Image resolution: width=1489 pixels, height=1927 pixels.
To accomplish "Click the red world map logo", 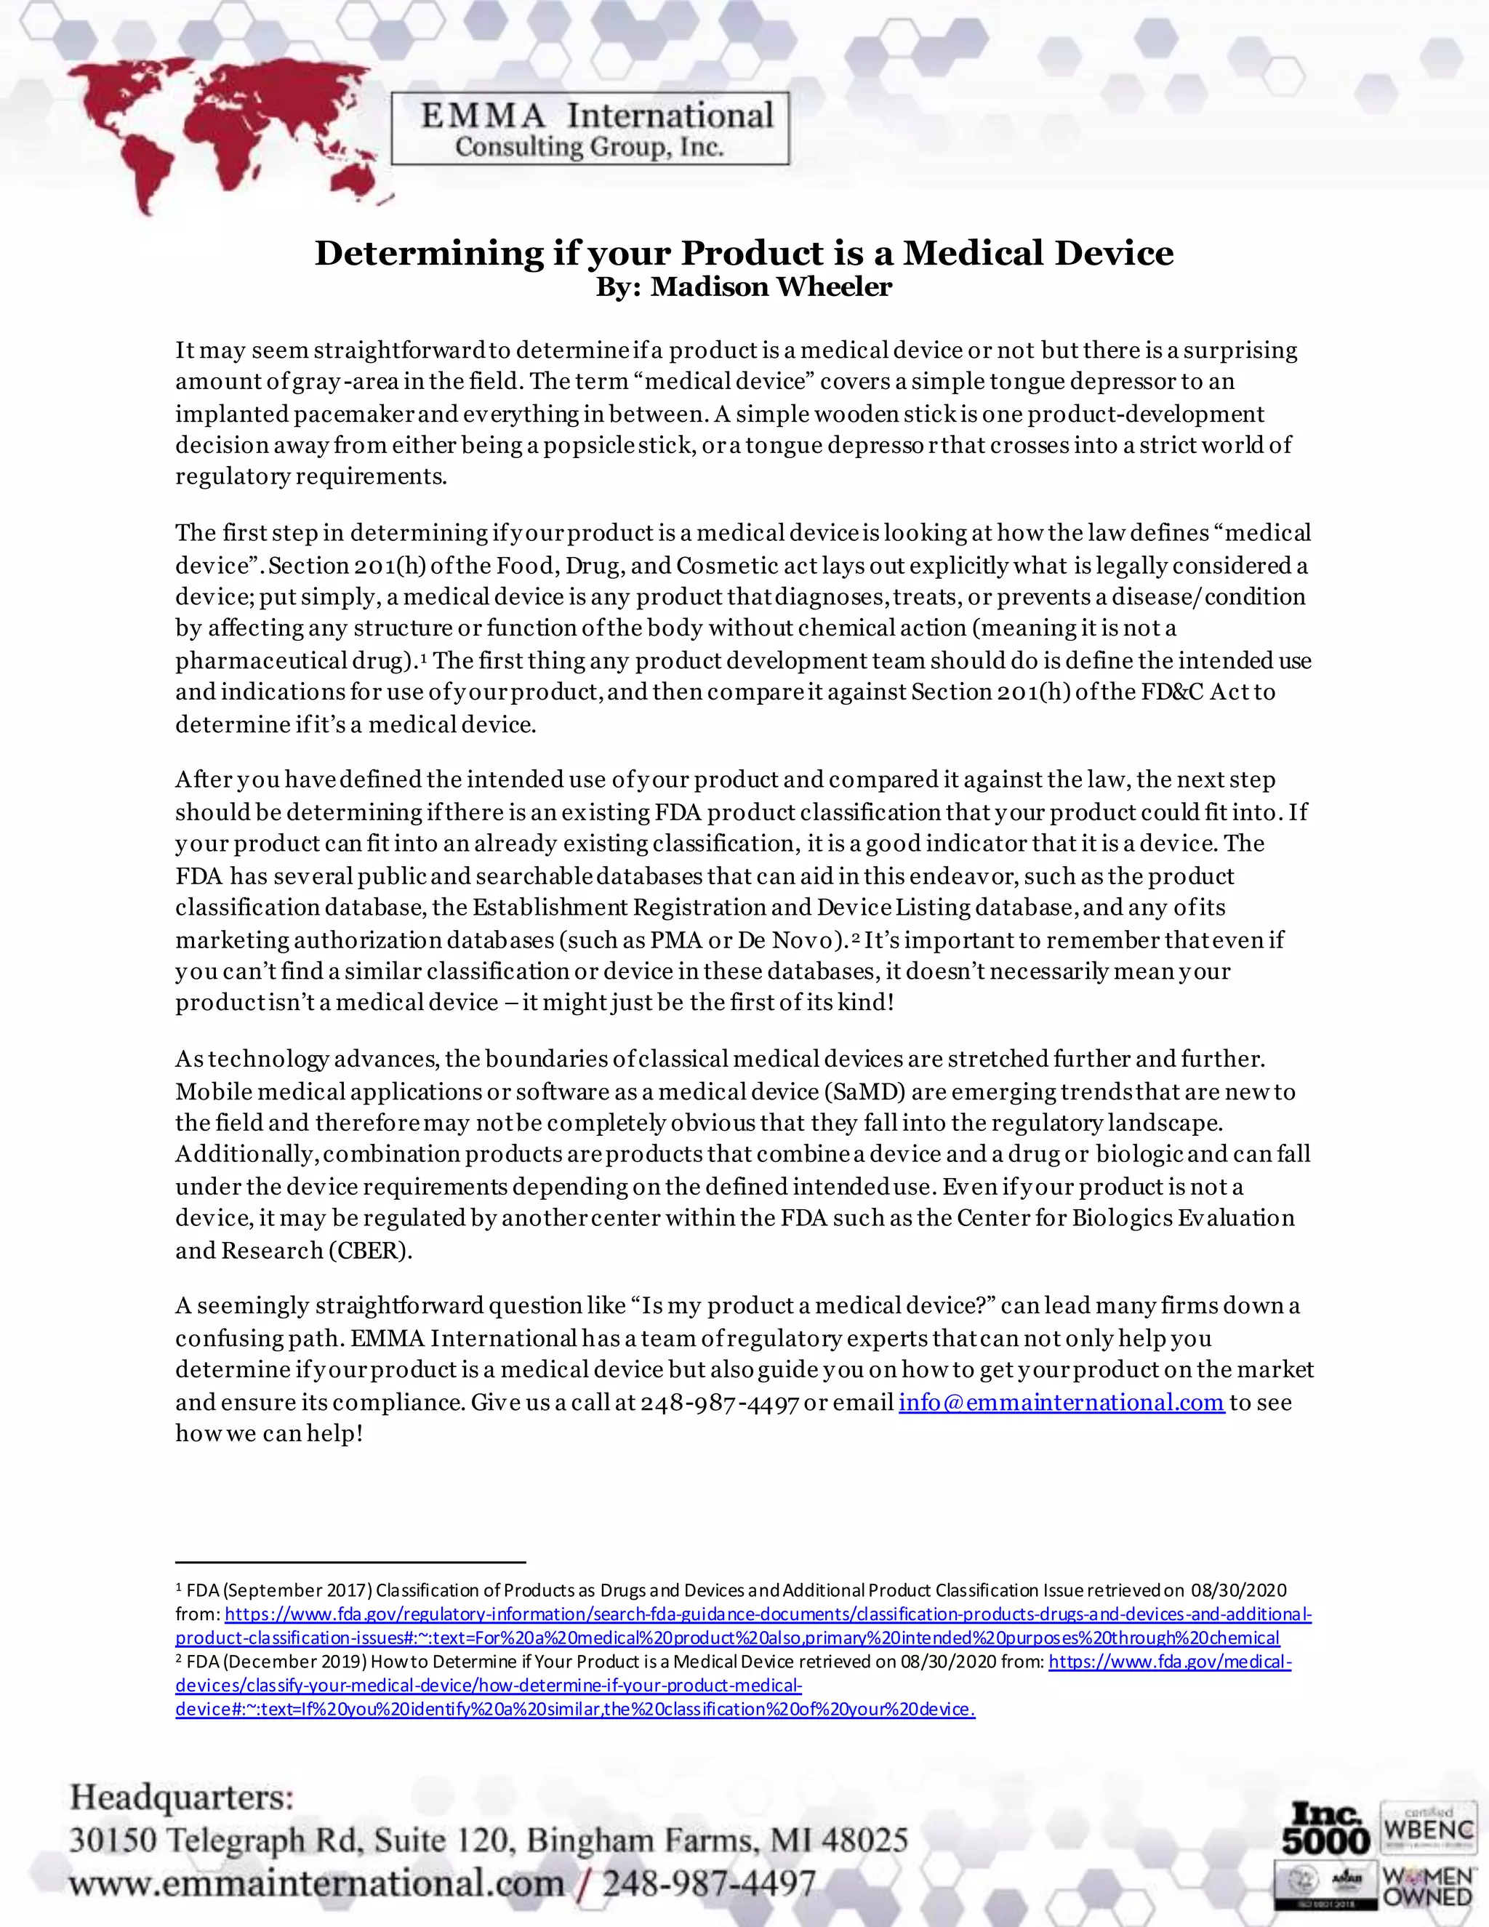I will click(x=220, y=132).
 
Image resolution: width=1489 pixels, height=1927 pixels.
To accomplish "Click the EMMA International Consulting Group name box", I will click(x=590, y=129).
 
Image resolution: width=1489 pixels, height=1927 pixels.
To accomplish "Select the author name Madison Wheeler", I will click(x=771, y=287).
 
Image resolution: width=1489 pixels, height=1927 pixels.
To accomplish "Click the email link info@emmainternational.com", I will click(x=1061, y=1402).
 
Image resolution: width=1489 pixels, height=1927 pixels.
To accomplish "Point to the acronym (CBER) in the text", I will click(x=369, y=1250).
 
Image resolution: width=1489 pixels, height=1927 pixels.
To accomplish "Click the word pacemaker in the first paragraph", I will click(x=353, y=414).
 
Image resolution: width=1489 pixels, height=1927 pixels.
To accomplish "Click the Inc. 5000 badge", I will click(x=1325, y=1829).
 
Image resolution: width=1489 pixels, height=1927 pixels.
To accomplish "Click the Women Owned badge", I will click(x=1428, y=1886).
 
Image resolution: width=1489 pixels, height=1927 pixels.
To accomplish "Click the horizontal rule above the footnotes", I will click(x=350, y=1562).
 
